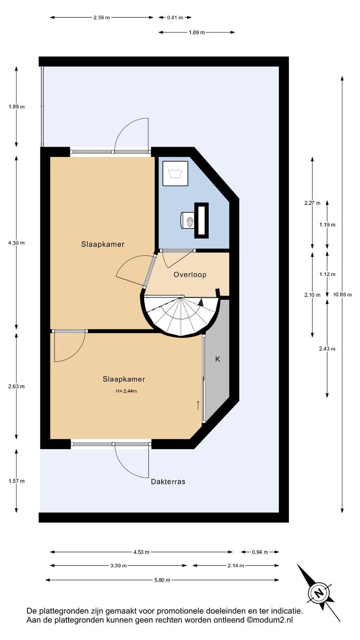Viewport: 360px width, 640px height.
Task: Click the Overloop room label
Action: click(190, 275)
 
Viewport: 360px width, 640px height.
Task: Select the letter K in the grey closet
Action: click(218, 359)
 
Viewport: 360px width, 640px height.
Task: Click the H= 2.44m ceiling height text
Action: click(126, 391)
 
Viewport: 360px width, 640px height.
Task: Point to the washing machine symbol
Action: click(176, 173)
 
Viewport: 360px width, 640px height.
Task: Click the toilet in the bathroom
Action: click(187, 220)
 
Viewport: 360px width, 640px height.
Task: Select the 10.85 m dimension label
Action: click(342, 295)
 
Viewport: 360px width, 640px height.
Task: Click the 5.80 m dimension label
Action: click(162, 580)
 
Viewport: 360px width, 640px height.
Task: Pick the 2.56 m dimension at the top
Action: click(102, 17)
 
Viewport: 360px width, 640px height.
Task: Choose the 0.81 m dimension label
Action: click(175, 17)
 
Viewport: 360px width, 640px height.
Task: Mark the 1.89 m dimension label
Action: click(197, 32)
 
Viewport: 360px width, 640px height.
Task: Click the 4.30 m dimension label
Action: click(16, 243)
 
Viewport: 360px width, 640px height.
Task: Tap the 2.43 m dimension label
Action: click(328, 348)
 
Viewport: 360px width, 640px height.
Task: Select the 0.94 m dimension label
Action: click(260, 552)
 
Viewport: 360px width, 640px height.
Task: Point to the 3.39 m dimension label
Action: click(119, 565)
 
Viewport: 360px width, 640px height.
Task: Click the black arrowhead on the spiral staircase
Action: click(201, 302)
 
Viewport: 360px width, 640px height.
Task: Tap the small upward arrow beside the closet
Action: click(198, 405)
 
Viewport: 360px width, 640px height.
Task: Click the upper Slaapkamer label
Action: click(103, 244)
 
